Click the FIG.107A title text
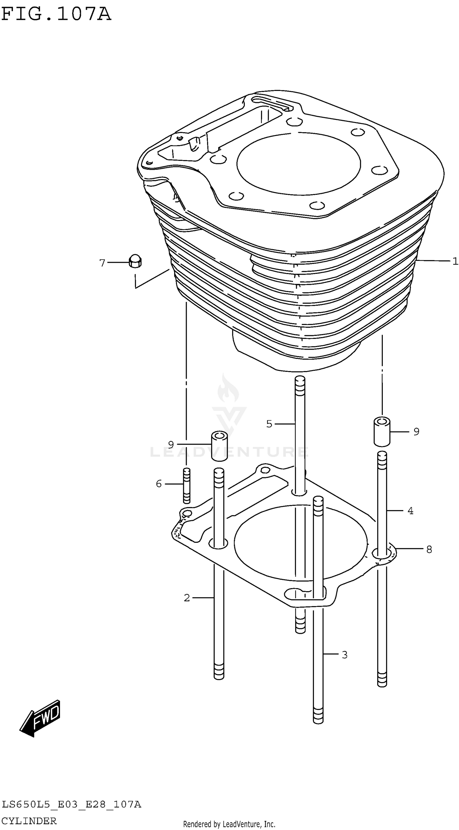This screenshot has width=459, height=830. [x=56, y=14]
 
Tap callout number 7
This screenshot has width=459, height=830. [x=102, y=263]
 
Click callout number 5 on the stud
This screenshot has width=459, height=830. [x=269, y=424]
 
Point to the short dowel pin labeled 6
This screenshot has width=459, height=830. [x=186, y=486]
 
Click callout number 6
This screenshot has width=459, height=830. [x=159, y=484]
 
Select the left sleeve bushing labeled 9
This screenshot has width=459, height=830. [x=219, y=446]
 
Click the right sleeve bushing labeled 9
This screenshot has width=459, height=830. [x=382, y=432]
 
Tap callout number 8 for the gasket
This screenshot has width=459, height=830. [x=429, y=549]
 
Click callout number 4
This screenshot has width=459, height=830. [x=410, y=511]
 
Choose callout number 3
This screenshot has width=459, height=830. [x=344, y=655]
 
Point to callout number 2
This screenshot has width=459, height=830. [x=187, y=598]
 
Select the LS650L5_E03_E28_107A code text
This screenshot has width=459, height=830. [x=71, y=805]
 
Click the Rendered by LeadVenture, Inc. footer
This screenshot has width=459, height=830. [x=229, y=824]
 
